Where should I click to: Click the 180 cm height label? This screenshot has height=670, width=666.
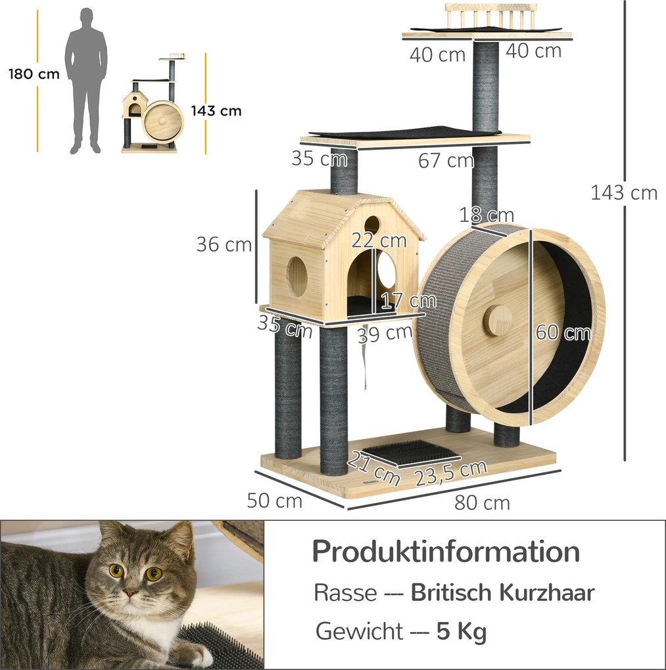[x=34, y=74]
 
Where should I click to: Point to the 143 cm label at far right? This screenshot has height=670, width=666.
[x=624, y=192]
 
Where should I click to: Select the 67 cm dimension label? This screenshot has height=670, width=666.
[x=446, y=160]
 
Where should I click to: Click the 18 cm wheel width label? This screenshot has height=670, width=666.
[x=487, y=215]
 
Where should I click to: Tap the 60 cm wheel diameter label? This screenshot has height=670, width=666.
[x=562, y=332]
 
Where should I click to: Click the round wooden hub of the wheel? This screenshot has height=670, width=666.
[x=498, y=321]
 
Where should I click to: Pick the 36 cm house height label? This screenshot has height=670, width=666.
[x=224, y=244]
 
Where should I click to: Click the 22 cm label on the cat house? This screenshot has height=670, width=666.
[x=379, y=240]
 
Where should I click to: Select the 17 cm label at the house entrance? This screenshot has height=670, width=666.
[x=408, y=301]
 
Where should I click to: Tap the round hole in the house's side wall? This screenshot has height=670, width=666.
[x=297, y=276]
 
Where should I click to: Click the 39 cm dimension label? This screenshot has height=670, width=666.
[x=385, y=333]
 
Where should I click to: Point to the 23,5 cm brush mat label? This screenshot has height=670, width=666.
[x=450, y=472]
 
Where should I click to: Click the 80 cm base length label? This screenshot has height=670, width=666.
[x=482, y=503]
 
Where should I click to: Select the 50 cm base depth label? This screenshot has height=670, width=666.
[x=275, y=501]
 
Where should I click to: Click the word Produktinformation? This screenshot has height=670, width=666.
[x=446, y=552]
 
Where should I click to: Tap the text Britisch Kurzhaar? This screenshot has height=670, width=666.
[x=502, y=592]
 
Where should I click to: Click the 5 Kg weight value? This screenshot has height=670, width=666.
[x=462, y=632]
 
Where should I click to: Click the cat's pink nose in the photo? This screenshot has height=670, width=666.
[x=131, y=592]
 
